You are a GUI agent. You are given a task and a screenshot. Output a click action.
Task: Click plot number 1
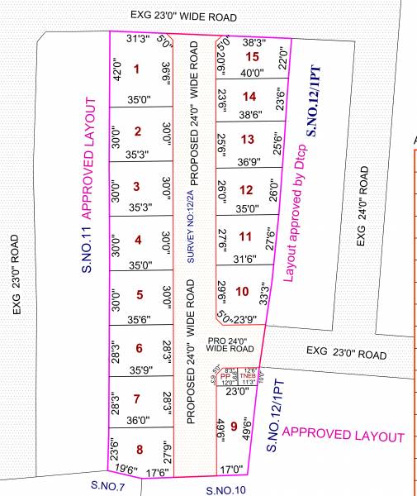(x=136, y=69)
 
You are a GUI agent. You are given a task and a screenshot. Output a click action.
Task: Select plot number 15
(x=253, y=56)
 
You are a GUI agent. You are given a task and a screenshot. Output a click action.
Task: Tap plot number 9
(x=235, y=427)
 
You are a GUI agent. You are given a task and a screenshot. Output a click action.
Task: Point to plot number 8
(x=140, y=450)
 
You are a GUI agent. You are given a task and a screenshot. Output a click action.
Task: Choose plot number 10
(x=241, y=291)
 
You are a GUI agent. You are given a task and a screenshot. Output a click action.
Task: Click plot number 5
(x=140, y=294)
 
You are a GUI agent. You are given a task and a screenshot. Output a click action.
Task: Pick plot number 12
(x=245, y=190)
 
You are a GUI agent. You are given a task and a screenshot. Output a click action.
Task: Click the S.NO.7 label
(x=108, y=485)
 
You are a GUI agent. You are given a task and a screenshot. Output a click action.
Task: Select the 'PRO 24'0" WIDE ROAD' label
(x=233, y=345)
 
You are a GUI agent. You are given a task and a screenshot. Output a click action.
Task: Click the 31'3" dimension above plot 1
(x=138, y=39)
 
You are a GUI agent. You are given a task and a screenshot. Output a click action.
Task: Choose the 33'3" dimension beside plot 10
(x=263, y=295)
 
